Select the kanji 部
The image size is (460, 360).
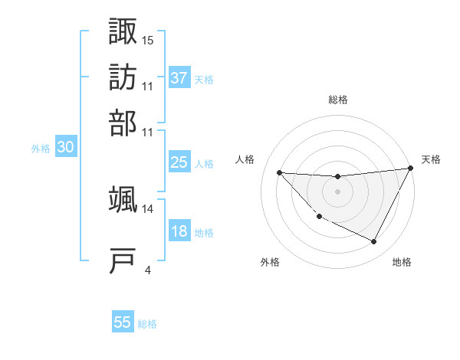[x=123, y=122]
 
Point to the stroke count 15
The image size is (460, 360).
[x=148, y=38]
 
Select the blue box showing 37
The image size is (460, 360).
[x=179, y=77]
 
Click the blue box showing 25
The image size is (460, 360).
[x=179, y=162]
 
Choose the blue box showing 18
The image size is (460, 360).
[x=179, y=231]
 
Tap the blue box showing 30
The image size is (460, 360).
[x=65, y=148]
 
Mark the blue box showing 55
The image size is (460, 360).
[x=123, y=322]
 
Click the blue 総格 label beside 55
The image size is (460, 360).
[x=147, y=324]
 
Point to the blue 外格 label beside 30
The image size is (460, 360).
[x=40, y=149]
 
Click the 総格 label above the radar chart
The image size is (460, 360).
[x=337, y=100]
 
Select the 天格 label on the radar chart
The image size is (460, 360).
[x=431, y=159]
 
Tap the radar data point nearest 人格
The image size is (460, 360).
[x=279, y=172]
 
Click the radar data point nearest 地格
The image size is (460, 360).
[x=374, y=242]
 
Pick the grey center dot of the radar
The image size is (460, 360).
[x=337, y=191]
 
